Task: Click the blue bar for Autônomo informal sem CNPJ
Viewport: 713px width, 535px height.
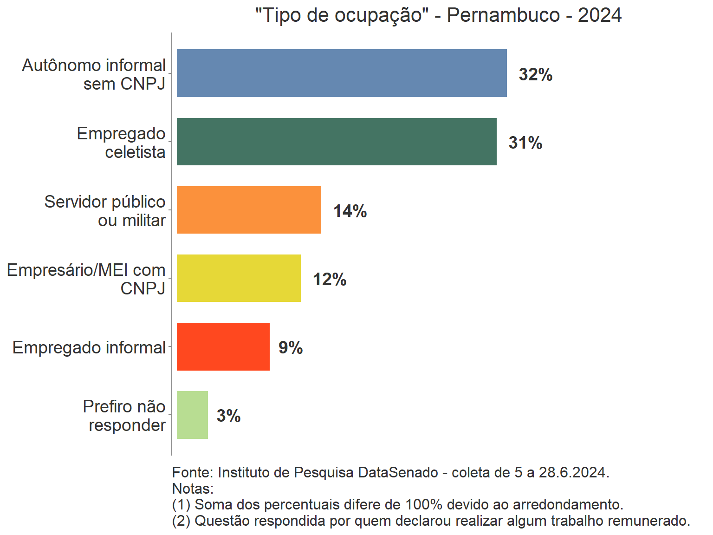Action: (x=342, y=73)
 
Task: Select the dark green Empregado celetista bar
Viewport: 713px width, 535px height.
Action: (x=337, y=142)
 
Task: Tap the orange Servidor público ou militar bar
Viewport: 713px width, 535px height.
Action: (x=249, y=210)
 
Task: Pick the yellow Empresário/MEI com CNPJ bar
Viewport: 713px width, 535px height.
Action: (x=239, y=278)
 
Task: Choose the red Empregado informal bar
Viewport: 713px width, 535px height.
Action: (x=223, y=346)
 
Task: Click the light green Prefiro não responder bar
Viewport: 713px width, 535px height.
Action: (x=192, y=415)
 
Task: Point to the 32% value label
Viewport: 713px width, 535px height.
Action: (x=536, y=74)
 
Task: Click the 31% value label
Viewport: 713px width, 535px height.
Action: (x=525, y=143)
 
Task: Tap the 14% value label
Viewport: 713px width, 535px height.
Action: (x=350, y=211)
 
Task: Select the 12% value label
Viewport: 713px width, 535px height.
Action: (x=330, y=279)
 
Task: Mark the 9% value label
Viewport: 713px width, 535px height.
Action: (x=291, y=347)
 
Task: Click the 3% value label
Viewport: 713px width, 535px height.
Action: (x=229, y=416)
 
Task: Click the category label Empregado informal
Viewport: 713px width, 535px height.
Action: (x=89, y=347)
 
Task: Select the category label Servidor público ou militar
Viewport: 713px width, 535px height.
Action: (x=105, y=211)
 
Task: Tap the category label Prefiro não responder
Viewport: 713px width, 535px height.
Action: (x=124, y=416)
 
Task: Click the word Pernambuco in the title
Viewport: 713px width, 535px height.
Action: (x=503, y=15)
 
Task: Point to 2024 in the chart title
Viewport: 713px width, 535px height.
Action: (x=599, y=15)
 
